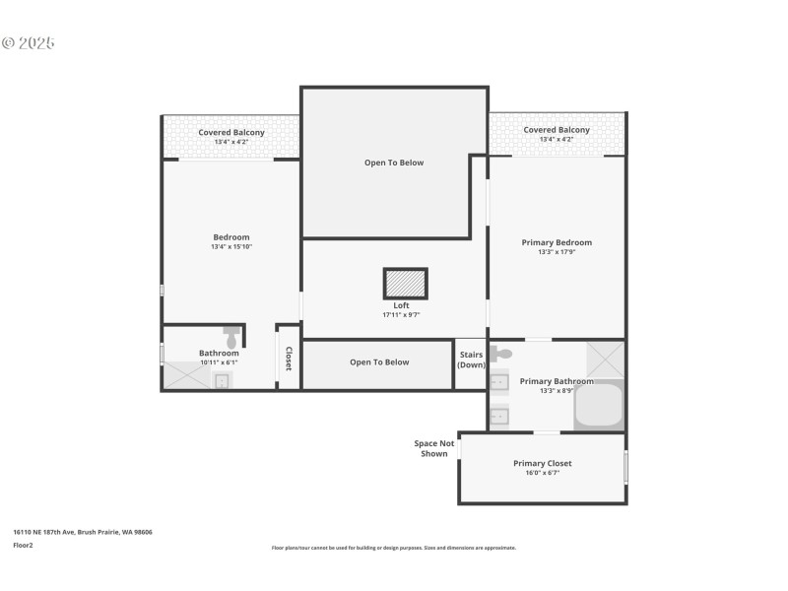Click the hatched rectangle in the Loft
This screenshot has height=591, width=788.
point(405,284)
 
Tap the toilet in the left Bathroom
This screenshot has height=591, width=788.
point(231,336)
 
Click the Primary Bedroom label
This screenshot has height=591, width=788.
point(557,242)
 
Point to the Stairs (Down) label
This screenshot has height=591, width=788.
point(471,360)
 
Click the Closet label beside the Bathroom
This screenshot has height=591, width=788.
point(289,359)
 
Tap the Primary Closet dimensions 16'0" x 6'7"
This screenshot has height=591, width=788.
point(542,473)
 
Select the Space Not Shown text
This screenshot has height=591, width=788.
point(433,448)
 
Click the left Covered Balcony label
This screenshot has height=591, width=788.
point(231,132)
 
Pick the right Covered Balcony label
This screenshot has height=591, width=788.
point(557,130)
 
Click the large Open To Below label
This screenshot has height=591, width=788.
point(394,163)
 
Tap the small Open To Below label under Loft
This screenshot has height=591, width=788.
point(379,362)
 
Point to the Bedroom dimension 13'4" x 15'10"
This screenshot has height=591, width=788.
point(231,246)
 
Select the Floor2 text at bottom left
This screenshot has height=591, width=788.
point(23,545)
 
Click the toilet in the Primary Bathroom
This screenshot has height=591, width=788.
point(500,353)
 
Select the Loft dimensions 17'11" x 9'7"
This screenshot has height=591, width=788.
point(401,315)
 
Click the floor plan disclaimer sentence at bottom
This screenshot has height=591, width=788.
point(394,548)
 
